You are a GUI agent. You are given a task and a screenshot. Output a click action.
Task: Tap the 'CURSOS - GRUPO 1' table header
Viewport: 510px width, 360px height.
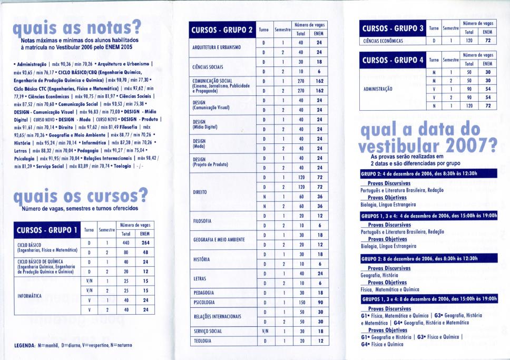47,230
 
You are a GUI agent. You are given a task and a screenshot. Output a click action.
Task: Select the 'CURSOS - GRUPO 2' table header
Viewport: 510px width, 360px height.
222,30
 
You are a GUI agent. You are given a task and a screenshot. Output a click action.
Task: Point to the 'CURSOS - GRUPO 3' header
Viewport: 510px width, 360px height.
393,27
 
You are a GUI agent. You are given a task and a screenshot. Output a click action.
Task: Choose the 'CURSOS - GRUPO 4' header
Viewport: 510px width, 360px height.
393,60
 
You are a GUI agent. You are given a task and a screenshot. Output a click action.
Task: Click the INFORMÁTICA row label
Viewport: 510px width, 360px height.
30,296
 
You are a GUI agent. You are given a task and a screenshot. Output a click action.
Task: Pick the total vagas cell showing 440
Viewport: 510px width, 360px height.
125,242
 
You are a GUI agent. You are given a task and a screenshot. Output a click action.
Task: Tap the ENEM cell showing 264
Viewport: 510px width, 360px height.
145,242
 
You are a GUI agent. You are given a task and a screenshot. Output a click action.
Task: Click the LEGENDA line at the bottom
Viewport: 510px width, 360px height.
73,346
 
